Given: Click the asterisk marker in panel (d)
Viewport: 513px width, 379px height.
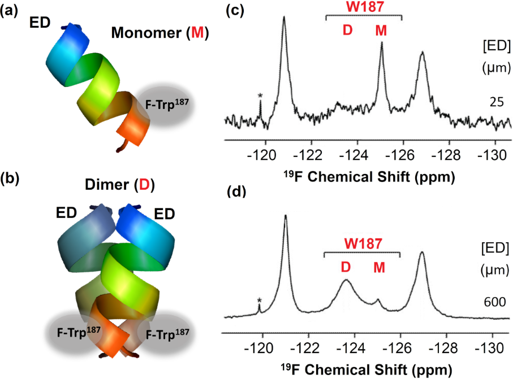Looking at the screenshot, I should (259, 300).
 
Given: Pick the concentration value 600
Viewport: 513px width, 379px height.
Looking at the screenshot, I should (495, 302).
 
